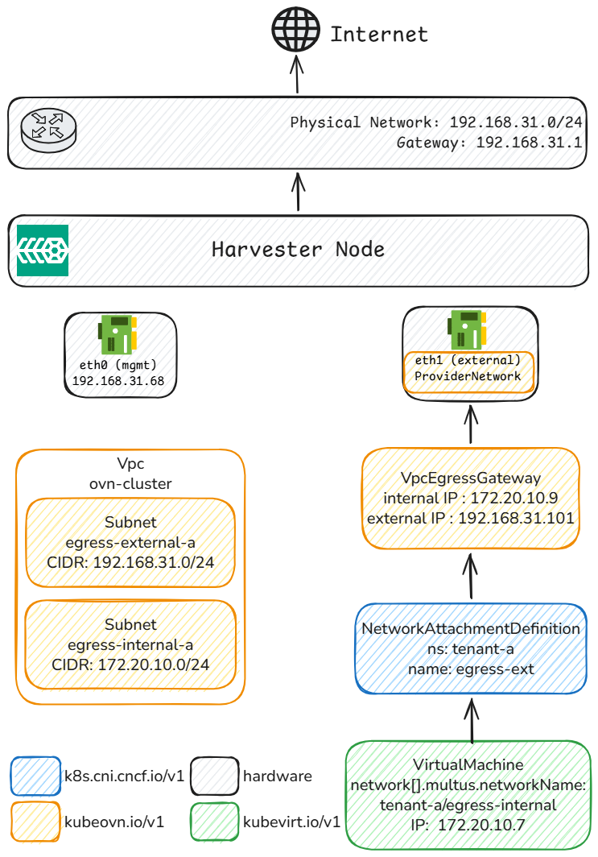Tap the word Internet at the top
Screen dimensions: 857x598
pyautogui.click(x=379, y=35)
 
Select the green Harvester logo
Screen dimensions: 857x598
pyautogui.click(x=43, y=250)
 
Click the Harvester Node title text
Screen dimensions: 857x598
pyautogui.click(x=298, y=249)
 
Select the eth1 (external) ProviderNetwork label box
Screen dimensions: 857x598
pyautogui.click(x=468, y=368)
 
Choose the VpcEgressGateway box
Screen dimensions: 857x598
pyautogui.click(x=471, y=499)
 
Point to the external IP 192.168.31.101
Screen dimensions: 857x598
pyautogui.click(x=516, y=518)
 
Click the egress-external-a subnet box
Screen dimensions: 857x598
pyautogui.click(x=130, y=542)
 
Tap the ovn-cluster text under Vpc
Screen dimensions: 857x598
pyautogui.click(x=130, y=483)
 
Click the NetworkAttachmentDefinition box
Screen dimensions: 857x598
pyautogui.click(x=471, y=649)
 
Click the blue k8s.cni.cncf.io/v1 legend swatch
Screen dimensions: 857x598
pyautogui.click(x=35, y=776)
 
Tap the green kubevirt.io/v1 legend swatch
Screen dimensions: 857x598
pyautogui.click(x=214, y=822)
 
